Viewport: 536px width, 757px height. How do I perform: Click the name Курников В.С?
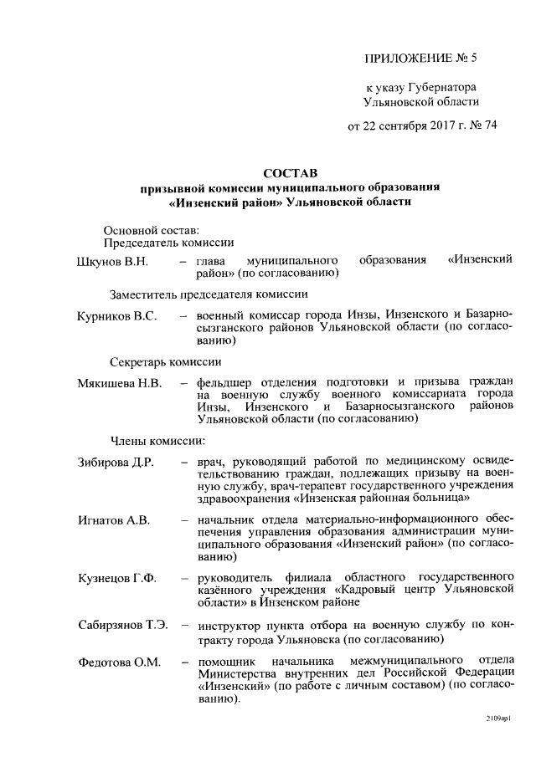point(117,316)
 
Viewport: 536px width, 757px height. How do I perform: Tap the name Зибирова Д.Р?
point(116,463)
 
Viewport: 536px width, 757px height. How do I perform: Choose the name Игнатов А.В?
point(114,520)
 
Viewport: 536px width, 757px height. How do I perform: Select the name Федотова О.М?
point(118,662)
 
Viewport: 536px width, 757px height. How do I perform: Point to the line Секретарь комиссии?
point(166,362)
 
